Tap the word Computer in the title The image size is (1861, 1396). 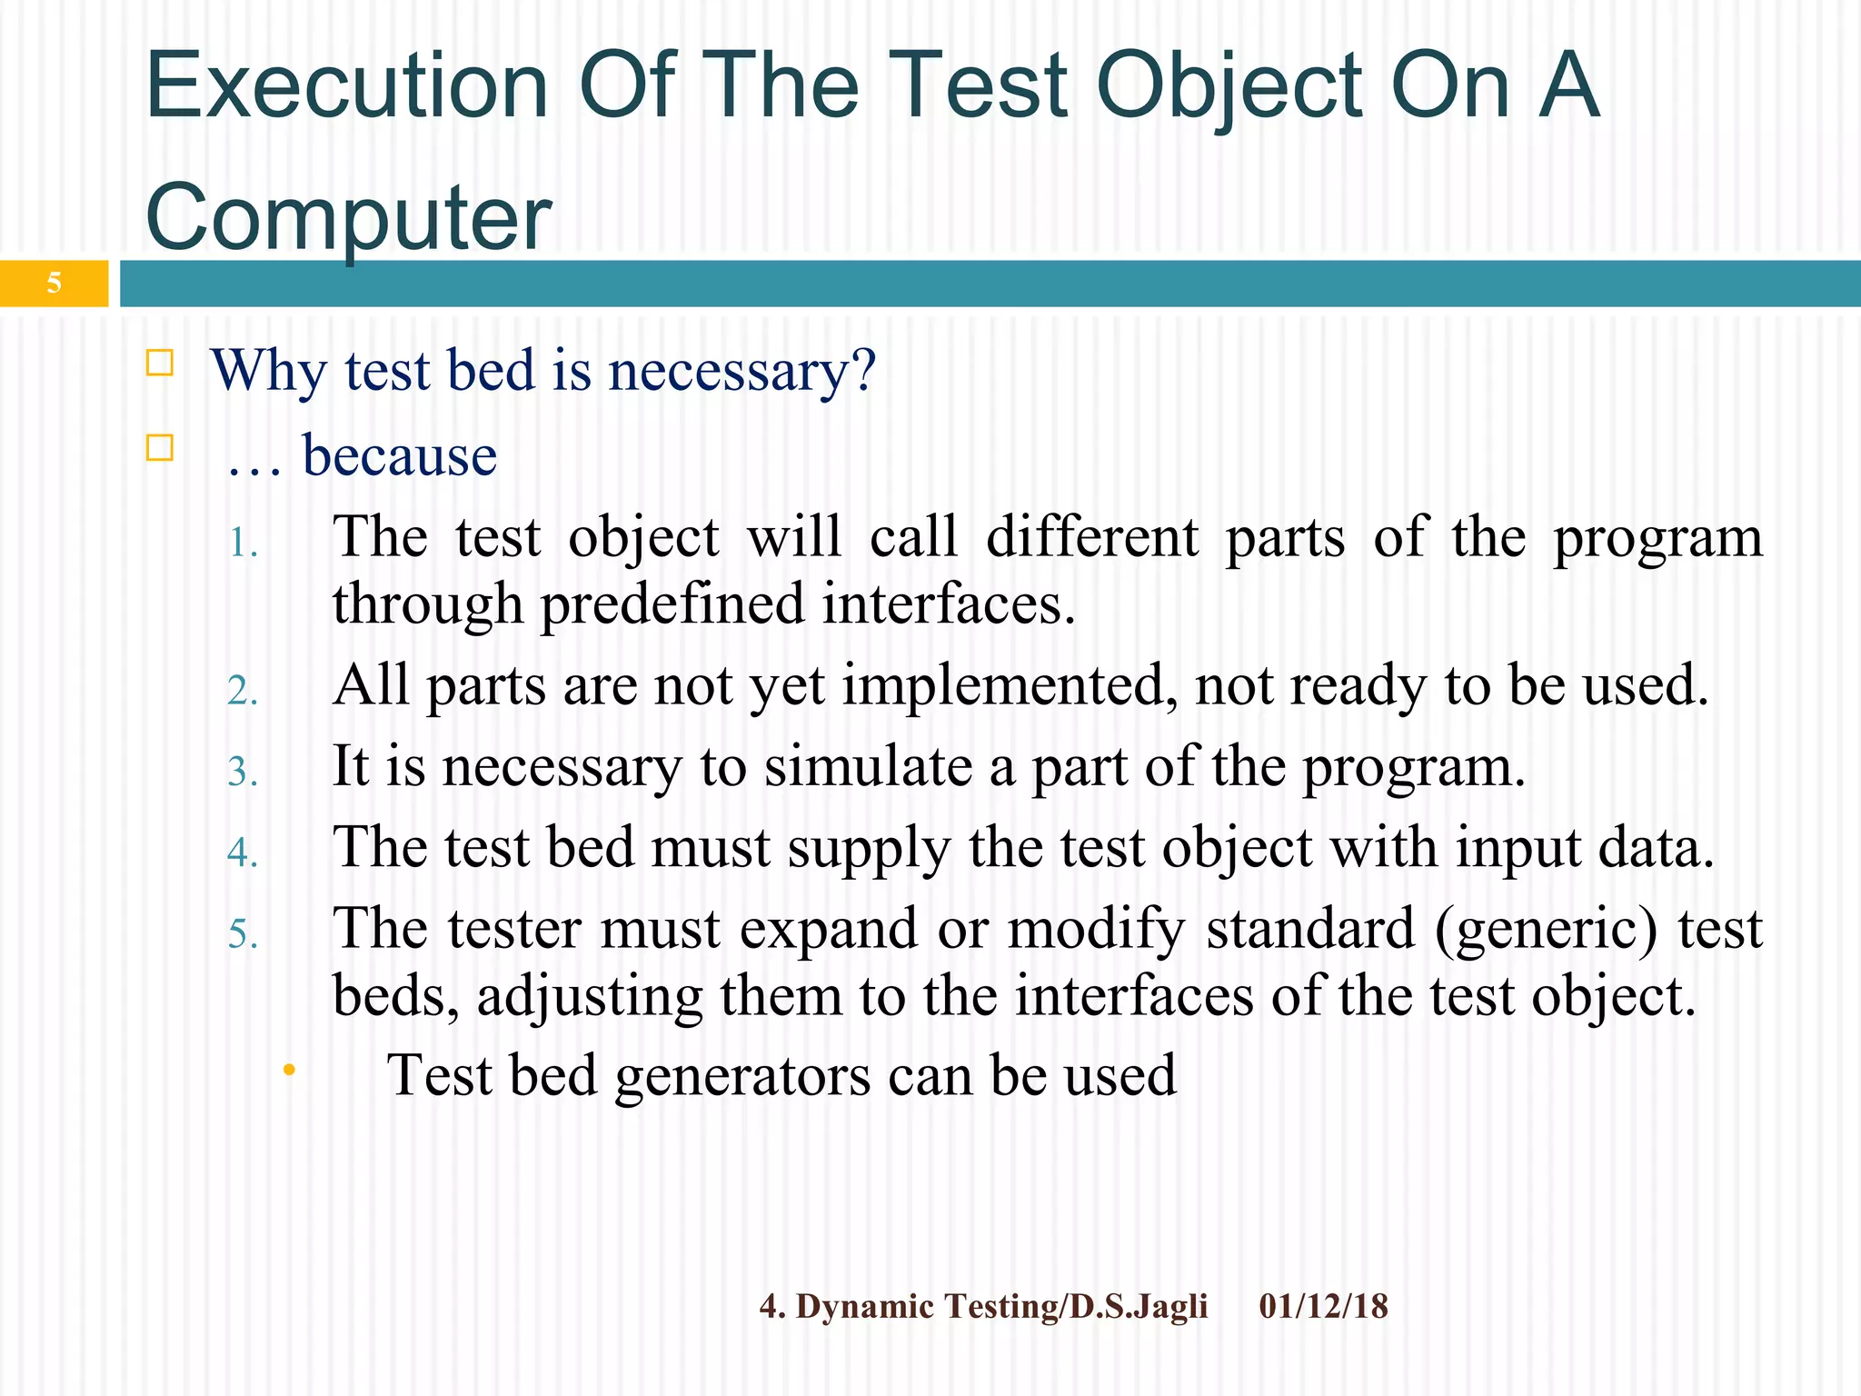(349, 218)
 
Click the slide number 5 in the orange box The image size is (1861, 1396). (54, 284)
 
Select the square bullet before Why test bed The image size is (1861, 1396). (160, 364)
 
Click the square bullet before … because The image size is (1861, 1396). (160, 448)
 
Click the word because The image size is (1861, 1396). (400, 455)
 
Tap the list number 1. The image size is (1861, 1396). (243, 544)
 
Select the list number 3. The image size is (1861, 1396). (243, 773)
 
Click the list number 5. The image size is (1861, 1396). (243, 935)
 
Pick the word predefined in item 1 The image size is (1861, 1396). (672, 604)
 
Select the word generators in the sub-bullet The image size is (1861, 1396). (743, 1076)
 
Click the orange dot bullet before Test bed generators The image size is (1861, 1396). (289, 1071)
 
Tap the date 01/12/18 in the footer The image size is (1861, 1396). (1323, 1307)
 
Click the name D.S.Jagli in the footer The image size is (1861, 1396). (1138, 1307)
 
